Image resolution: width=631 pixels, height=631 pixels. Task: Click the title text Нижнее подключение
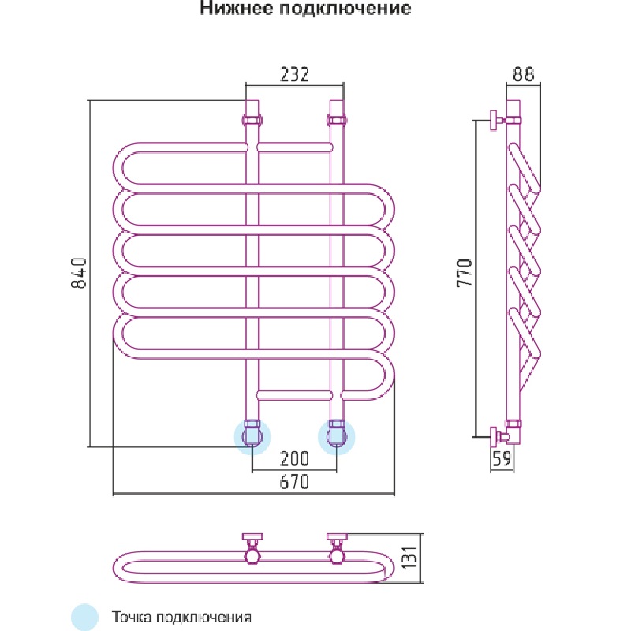click(x=305, y=9)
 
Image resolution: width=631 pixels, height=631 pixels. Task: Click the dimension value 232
click(x=294, y=74)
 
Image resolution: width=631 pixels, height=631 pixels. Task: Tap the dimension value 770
click(x=465, y=273)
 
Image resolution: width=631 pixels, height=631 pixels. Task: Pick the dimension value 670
click(x=293, y=482)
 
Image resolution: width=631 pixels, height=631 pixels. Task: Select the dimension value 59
click(x=502, y=459)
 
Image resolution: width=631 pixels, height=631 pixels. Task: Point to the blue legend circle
click(x=84, y=616)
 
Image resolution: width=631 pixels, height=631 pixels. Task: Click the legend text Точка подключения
click(x=181, y=616)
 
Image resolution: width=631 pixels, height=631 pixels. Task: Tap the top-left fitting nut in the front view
click(x=252, y=121)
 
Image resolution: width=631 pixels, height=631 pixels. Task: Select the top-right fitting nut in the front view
click(x=337, y=121)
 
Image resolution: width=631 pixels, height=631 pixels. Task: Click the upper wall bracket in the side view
click(x=495, y=121)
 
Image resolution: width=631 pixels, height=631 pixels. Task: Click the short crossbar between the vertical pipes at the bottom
click(x=295, y=392)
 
